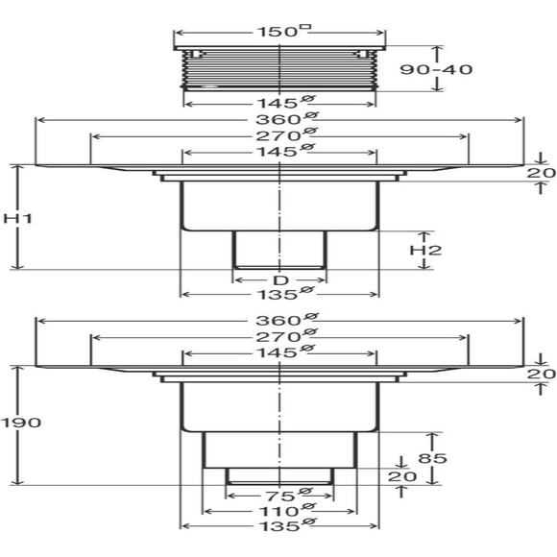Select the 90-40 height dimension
pyautogui.click(x=436, y=69)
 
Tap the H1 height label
pyautogui.click(x=17, y=218)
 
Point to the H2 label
pyautogui.click(x=425, y=250)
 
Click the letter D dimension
pyautogui.click(x=281, y=280)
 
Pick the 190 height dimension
pyautogui.click(x=20, y=423)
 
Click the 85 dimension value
pyautogui.click(x=432, y=458)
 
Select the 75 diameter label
pyautogui.click(x=288, y=495)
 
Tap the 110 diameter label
pyautogui.click(x=286, y=511)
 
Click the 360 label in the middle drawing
pyautogui.click(x=286, y=119)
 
